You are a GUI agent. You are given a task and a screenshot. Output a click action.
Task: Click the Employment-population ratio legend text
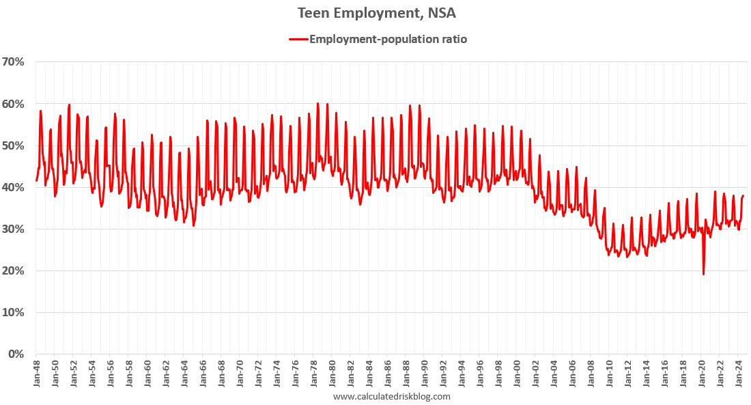point(388,39)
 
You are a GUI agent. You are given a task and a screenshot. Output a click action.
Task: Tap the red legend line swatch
point(298,39)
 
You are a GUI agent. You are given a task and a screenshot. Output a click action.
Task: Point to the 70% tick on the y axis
point(14,62)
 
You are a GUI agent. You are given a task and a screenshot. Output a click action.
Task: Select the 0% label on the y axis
point(17,354)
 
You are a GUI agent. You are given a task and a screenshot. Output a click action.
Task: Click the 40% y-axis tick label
point(14,188)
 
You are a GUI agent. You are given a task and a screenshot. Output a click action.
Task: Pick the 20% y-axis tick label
point(14,271)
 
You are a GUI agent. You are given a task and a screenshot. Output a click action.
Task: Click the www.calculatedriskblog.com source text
point(392,396)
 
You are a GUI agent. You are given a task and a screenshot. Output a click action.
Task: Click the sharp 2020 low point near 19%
point(703,275)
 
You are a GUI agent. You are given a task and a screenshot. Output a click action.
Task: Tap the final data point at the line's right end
point(743,195)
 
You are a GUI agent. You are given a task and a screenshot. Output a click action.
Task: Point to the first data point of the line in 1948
point(36,181)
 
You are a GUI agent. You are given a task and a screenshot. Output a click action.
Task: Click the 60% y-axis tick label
point(14,104)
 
